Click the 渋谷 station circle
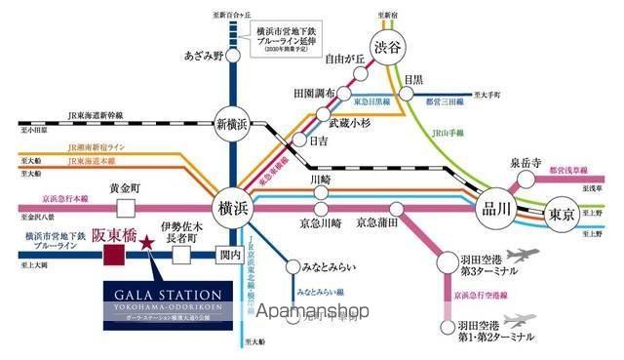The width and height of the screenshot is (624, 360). [387, 47]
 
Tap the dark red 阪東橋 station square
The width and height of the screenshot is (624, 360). [114, 256]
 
